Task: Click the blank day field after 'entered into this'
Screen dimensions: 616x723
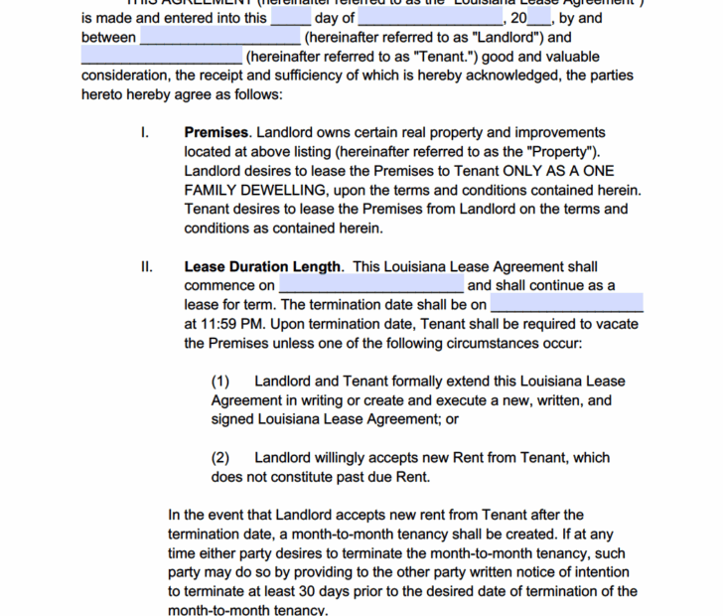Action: (x=290, y=18)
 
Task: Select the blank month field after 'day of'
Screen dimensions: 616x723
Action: (x=430, y=18)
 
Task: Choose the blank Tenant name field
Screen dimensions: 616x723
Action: (x=161, y=57)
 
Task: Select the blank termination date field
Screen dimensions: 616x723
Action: (x=567, y=304)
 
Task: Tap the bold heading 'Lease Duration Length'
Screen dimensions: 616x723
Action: (x=263, y=266)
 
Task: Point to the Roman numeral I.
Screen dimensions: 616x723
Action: (x=145, y=132)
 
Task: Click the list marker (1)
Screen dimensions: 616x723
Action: (x=220, y=382)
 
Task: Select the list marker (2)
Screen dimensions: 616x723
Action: (x=220, y=458)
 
